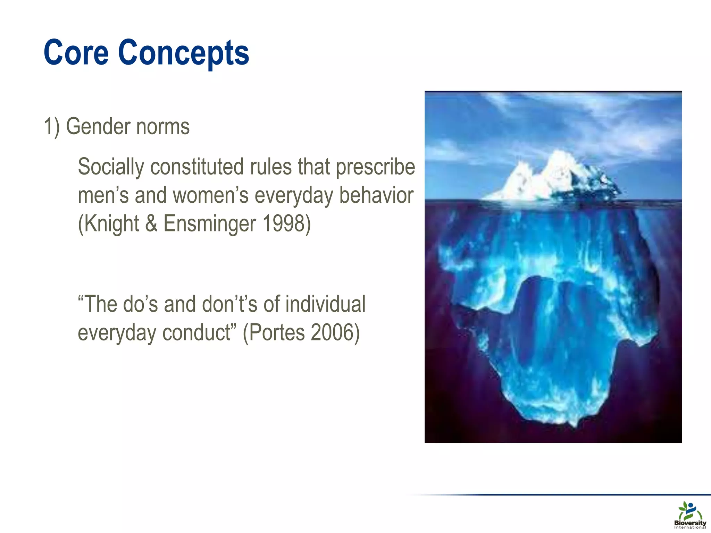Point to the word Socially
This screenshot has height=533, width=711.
[x=111, y=167]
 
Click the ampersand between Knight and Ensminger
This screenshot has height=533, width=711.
[x=151, y=223]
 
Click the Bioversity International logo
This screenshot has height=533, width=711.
[x=690, y=515]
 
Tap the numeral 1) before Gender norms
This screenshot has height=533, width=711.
[x=52, y=126]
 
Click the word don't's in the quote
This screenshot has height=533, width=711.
[x=229, y=304]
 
